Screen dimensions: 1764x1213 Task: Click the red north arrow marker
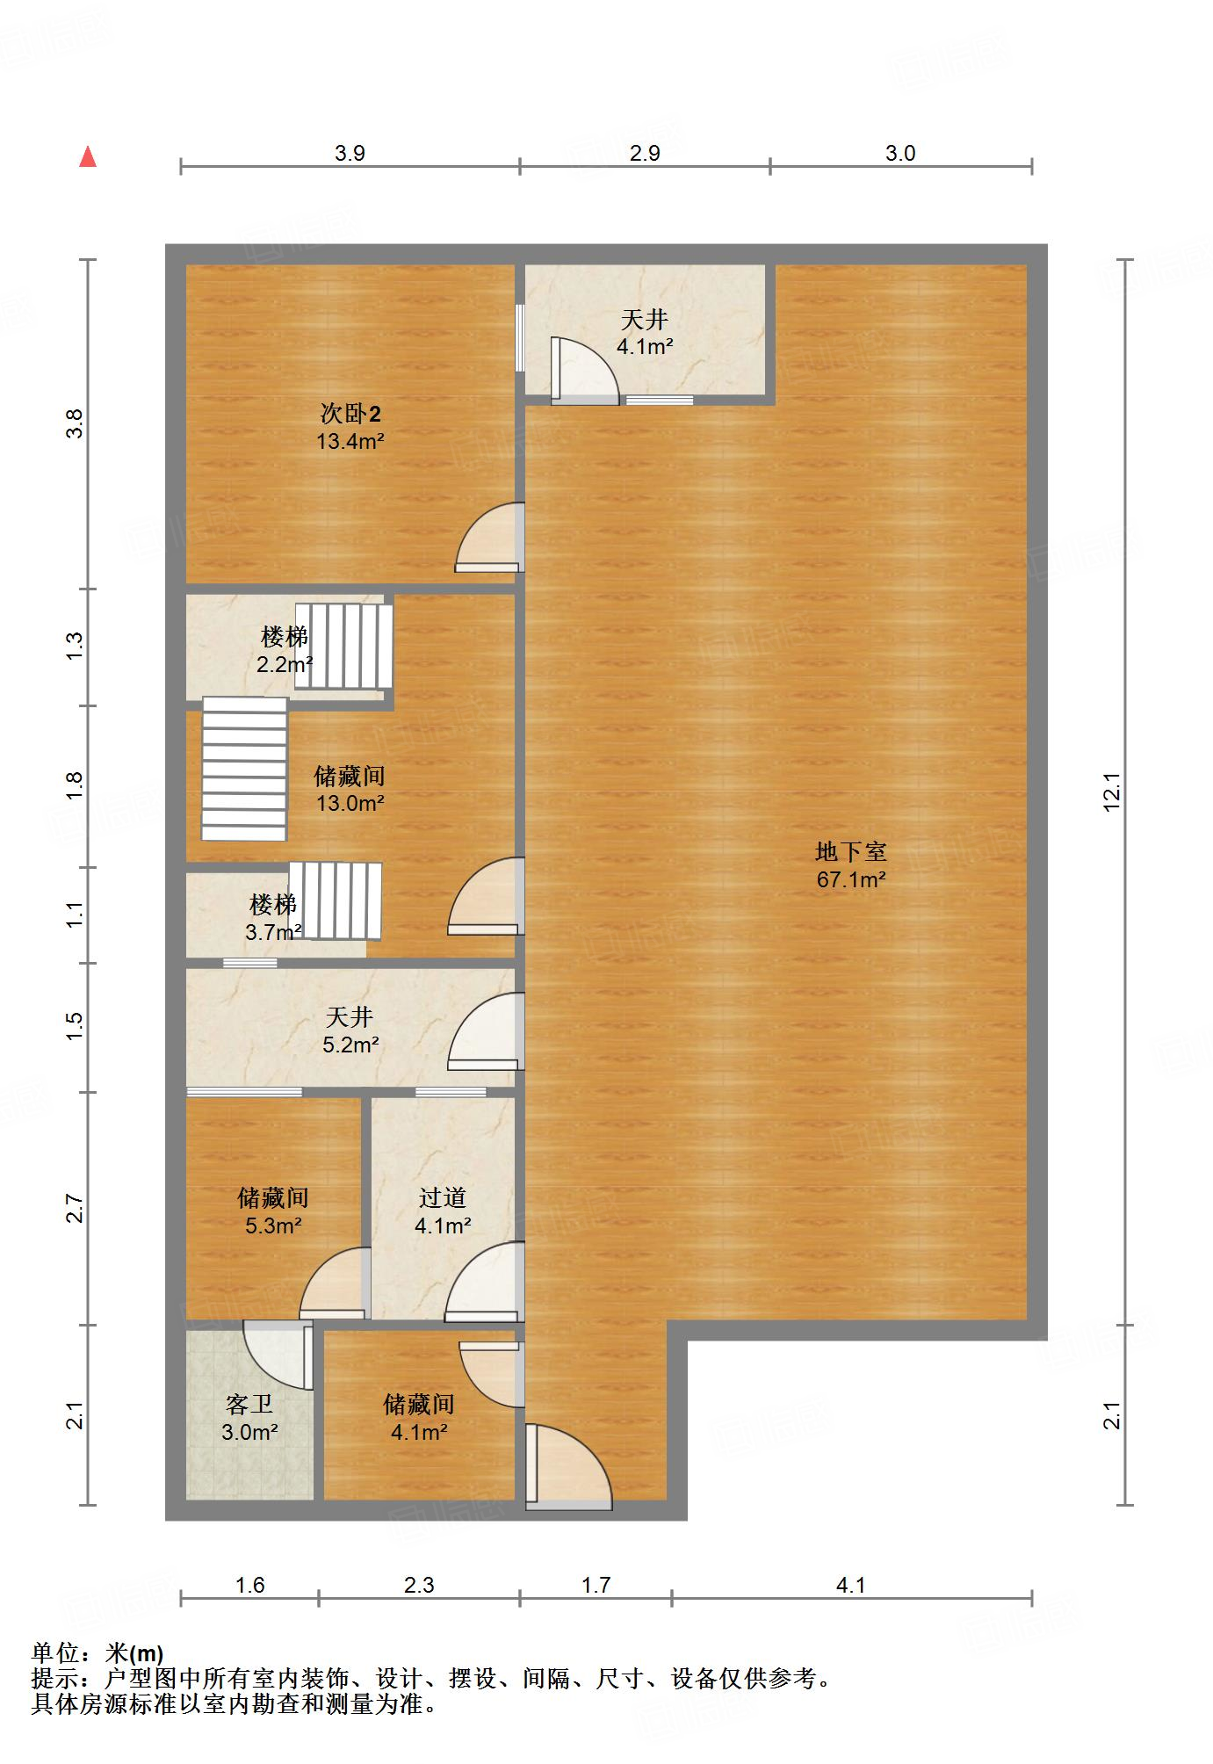pos(88,157)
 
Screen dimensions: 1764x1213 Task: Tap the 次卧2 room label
pos(350,427)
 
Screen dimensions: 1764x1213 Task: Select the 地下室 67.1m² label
pos(850,865)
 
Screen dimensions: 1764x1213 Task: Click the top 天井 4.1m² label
pos(644,333)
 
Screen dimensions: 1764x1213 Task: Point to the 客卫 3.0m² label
pos(249,1418)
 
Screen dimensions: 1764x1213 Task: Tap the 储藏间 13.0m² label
pos(350,789)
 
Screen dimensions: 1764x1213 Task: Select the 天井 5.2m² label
pos(350,1030)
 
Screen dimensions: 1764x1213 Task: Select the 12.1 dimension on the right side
pos(1112,791)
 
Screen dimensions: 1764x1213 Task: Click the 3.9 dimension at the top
pos(350,153)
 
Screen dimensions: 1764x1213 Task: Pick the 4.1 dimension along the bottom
pos(850,1586)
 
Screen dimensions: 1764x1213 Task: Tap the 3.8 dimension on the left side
pos(76,424)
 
